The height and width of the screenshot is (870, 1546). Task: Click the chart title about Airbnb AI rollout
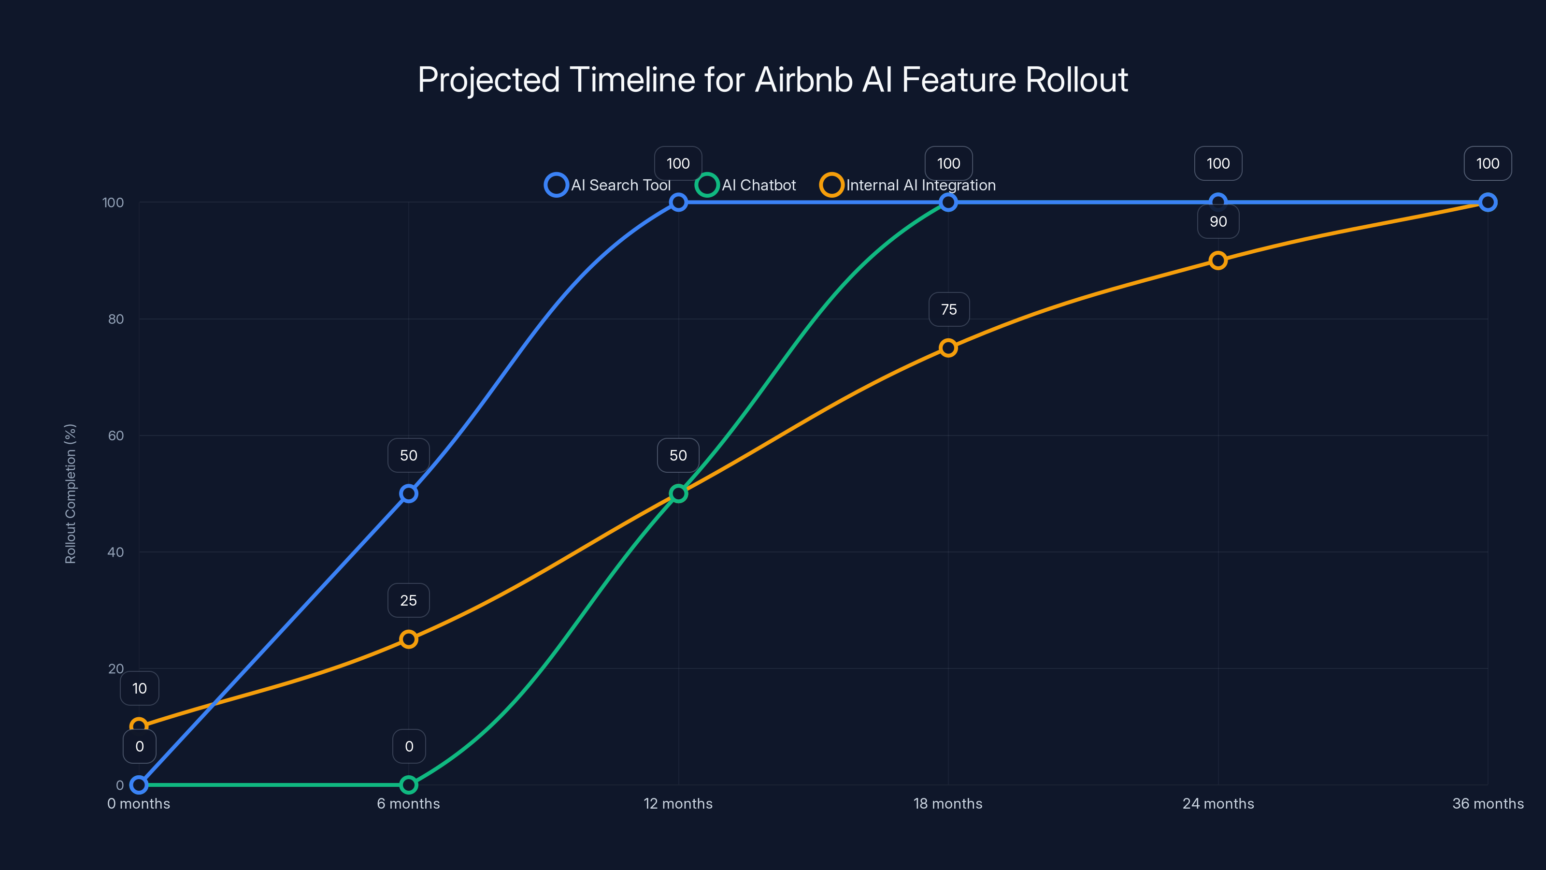773,80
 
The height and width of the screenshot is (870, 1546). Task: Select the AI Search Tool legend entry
607,185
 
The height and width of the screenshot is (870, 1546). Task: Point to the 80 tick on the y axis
116,319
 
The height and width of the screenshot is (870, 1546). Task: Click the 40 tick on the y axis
116,552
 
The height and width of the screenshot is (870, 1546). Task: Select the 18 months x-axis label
947,803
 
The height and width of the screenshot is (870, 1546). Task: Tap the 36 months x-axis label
1487,803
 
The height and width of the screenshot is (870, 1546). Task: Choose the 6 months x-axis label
408,803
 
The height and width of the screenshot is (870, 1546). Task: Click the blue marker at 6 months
409,493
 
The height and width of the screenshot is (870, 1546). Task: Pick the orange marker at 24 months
1217,261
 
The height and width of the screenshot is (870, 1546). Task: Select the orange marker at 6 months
409,639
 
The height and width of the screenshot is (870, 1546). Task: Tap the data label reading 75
949,309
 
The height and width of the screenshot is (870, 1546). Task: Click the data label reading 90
1217,221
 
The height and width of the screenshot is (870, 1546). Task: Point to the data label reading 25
409,600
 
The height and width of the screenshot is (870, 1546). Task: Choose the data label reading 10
139,688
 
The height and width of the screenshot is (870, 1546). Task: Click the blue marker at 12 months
678,203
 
